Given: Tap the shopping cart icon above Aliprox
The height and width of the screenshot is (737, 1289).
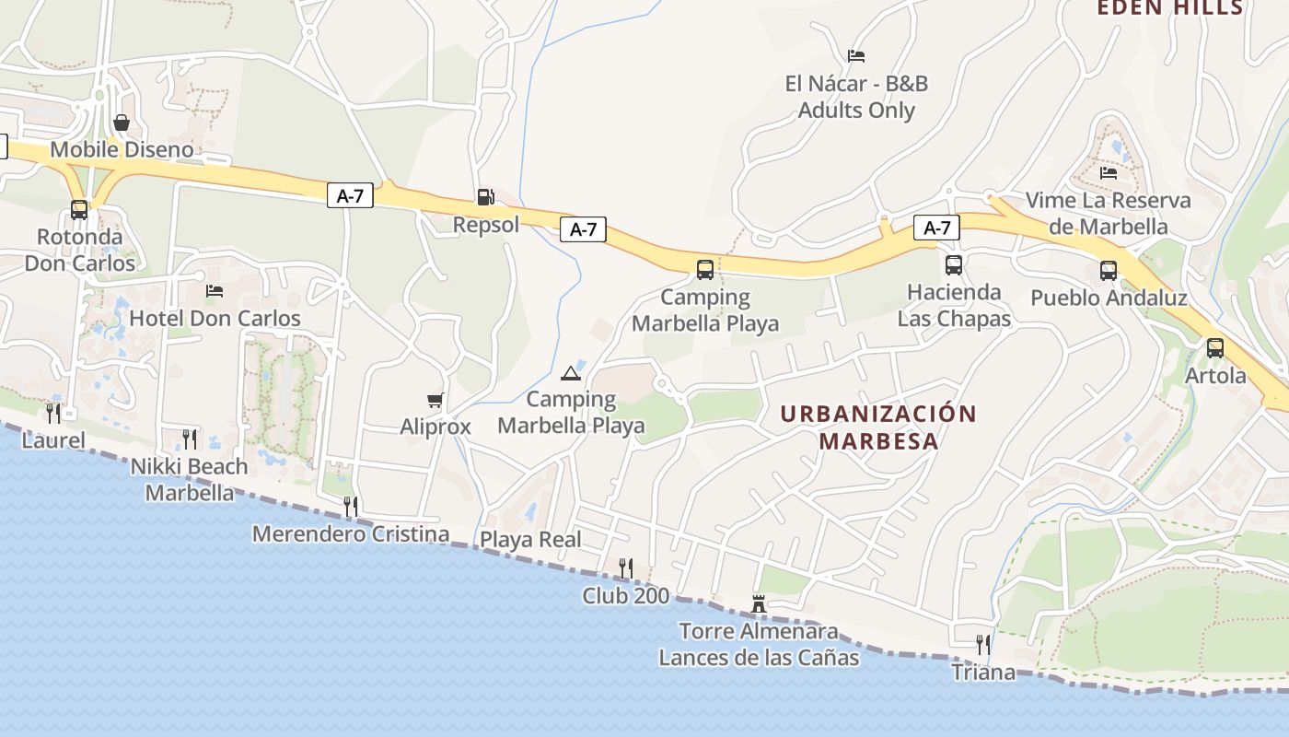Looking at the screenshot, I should click(435, 400).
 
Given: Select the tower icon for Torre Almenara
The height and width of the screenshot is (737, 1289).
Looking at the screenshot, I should click(759, 603).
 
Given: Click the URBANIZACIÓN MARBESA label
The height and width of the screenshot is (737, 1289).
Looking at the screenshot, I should click(877, 427).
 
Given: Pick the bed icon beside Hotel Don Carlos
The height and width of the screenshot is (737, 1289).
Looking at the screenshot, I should click(215, 291).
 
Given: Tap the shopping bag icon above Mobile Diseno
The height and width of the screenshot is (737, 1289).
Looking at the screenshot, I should click(122, 123).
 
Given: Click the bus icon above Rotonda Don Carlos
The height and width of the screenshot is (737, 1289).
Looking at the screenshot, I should click(79, 210).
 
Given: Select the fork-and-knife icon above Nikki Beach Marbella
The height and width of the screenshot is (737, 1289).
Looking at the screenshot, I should click(190, 439).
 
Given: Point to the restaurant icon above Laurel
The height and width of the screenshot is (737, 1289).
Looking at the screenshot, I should click(53, 413).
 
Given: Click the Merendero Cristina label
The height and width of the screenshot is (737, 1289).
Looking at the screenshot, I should click(351, 534).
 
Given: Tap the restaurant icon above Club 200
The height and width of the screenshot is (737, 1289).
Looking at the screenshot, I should click(626, 567).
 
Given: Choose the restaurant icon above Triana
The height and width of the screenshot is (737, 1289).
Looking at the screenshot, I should click(983, 644).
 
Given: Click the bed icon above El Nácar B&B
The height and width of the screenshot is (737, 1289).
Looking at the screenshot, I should click(856, 56).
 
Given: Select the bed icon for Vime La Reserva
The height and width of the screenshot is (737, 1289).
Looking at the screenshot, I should click(1109, 172).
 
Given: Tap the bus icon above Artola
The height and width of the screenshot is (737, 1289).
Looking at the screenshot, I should click(1215, 348).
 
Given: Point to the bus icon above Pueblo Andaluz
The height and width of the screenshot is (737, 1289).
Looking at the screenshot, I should click(1109, 271).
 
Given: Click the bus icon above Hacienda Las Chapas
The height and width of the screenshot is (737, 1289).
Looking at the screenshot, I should click(954, 265).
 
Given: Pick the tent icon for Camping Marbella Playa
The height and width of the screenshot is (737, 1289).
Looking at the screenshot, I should click(571, 373).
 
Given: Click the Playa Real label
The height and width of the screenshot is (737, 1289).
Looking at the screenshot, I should click(530, 540).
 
